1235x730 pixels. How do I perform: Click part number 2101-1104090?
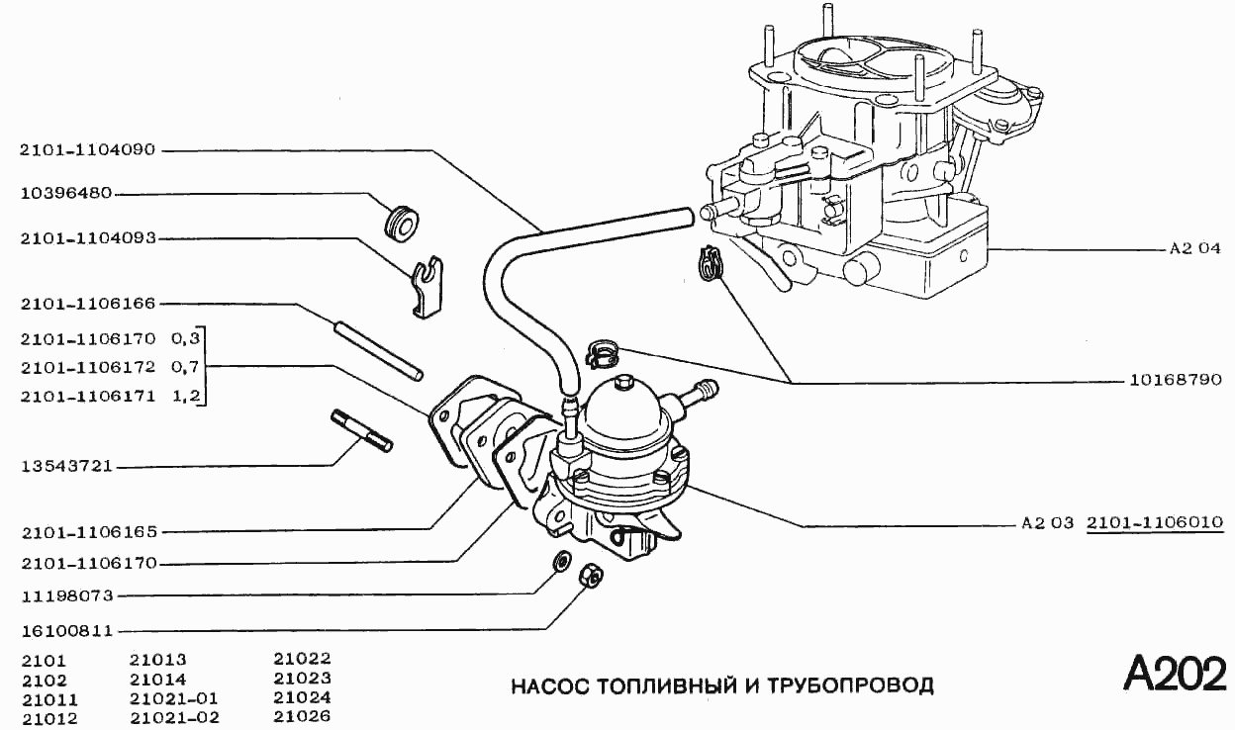pyautogui.click(x=88, y=150)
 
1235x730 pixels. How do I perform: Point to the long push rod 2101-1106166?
pyautogui.click(x=378, y=350)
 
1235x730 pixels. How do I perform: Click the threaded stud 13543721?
pyautogui.click(x=360, y=430)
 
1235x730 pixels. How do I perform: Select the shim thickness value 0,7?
pyautogui.click(x=186, y=367)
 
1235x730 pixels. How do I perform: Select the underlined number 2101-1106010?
pyautogui.click(x=1155, y=522)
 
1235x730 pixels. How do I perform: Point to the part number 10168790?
pyautogui.click(x=1175, y=379)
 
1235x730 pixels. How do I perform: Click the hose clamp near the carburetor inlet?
pyautogui.click(x=708, y=264)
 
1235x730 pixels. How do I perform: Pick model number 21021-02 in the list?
pyautogui.click(x=174, y=717)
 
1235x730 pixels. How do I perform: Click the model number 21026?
pyautogui.click(x=302, y=716)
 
